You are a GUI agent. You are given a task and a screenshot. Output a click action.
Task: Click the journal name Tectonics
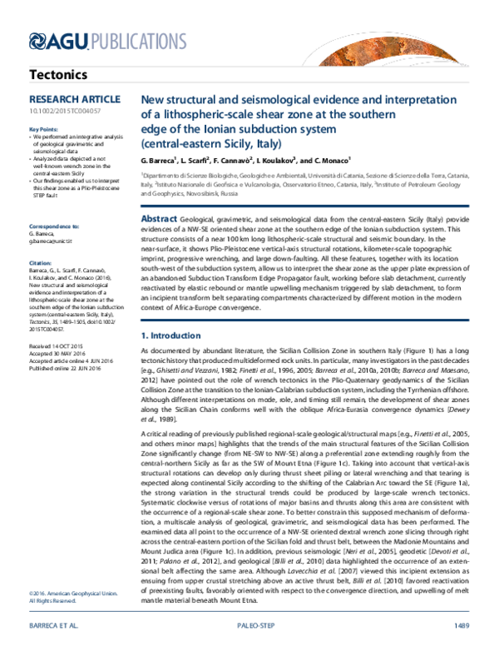pyautogui.click(x=57, y=75)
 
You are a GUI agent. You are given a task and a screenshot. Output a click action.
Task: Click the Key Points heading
pyautogui.click(x=44, y=130)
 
